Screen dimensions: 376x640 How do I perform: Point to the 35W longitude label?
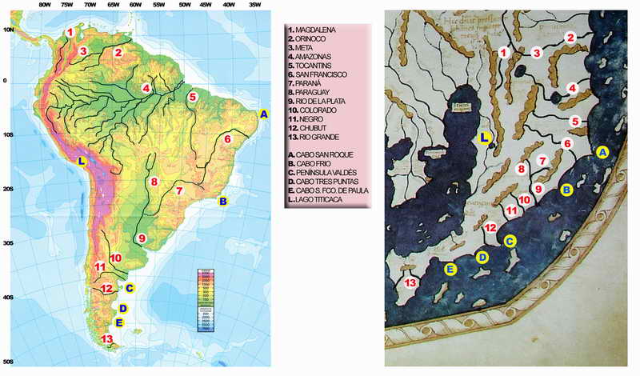pos(254,5)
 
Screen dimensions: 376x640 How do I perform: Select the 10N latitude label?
pos(8,29)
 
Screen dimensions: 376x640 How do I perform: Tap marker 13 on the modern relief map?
pos(107,339)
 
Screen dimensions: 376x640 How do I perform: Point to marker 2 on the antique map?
pos(570,37)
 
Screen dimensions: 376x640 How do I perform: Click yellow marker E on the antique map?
pos(451,270)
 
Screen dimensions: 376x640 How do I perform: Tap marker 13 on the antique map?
pos(410,282)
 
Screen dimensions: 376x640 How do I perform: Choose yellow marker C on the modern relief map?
pos(130,288)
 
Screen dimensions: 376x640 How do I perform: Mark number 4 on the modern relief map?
pos(146,88)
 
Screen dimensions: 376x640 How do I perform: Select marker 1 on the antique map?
pos(503,52)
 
